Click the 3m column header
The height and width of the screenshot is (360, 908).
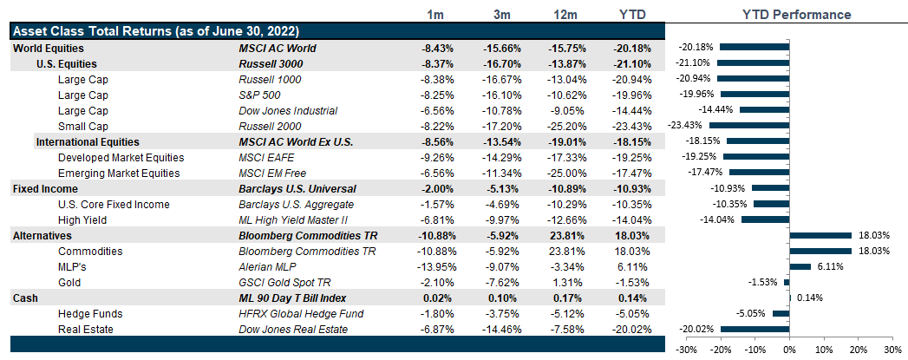497,15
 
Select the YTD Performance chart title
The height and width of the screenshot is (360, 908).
797,15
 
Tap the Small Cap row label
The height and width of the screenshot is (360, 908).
82,127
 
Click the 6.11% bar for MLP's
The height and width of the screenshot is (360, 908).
800,266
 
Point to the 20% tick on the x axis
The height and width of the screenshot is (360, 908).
858,350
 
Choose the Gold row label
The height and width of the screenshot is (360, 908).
69,283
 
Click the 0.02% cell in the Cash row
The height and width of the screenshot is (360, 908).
436,298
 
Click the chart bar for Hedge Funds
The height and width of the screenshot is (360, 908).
781,313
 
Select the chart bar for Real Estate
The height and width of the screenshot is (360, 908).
754,329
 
